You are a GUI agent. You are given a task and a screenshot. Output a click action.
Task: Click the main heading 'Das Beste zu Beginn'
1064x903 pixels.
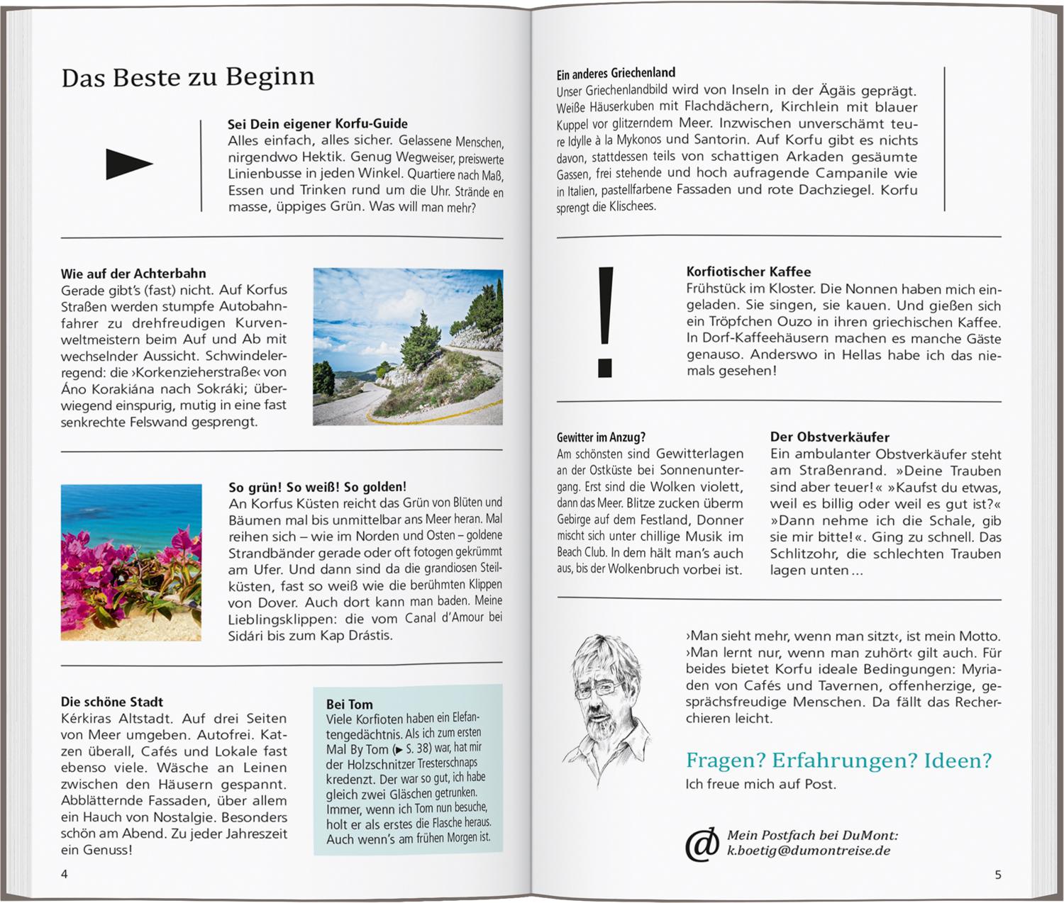point(187,77)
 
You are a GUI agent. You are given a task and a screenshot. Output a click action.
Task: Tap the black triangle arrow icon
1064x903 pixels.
point(128,164)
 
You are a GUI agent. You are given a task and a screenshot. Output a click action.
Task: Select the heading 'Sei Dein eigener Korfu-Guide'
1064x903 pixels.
point(317,124)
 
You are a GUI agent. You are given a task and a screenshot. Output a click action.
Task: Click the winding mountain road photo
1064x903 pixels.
point(408,347)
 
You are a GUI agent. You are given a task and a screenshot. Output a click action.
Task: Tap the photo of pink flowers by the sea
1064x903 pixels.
point(131,562)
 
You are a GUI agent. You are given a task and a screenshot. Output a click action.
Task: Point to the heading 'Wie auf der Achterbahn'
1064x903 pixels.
point(133,274)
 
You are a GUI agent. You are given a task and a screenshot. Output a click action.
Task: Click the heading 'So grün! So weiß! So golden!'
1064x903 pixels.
point(317,487)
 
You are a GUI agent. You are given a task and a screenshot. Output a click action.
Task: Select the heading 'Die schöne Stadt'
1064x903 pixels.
point(112,702)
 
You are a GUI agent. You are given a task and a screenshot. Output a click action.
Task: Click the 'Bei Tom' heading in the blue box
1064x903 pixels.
point(349,704)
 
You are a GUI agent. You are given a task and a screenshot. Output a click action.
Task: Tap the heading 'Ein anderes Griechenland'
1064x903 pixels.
point(616,73)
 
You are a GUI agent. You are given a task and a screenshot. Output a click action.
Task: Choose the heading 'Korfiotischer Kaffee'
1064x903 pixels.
point(748,271)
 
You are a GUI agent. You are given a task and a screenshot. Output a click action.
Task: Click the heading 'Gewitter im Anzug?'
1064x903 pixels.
point(601,437)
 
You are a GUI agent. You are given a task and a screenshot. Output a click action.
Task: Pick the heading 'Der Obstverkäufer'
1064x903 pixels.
point(829,437)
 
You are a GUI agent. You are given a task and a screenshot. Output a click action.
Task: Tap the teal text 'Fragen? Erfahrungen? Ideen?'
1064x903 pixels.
point(838,761)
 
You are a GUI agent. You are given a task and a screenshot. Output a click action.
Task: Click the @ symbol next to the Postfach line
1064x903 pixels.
point(702,843)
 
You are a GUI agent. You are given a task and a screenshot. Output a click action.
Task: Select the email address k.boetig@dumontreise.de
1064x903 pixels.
point(808,851)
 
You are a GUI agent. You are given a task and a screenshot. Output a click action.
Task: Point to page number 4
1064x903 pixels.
point(65,874)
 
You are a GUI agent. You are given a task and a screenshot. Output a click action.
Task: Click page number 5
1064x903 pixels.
point(997,875)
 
